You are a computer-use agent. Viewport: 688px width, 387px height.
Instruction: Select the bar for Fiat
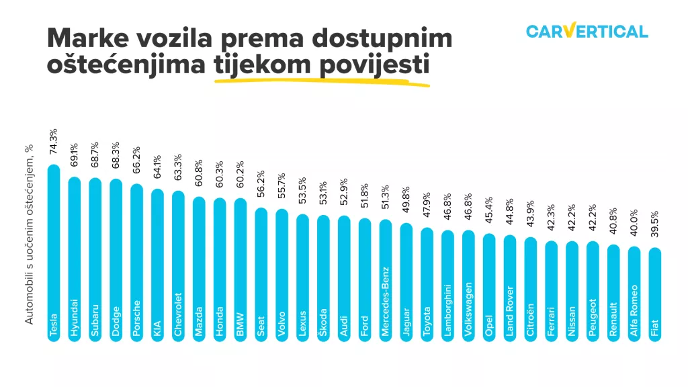[x=655, y=296]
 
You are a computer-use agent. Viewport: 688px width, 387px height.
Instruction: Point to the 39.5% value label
[x=655, y=226]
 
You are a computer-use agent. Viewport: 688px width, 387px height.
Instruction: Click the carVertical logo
[x=587, y=31]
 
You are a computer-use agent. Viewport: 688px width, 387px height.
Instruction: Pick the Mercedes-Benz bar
[x=386, y=282]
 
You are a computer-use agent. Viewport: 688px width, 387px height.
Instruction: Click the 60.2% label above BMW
[x=241, y=178]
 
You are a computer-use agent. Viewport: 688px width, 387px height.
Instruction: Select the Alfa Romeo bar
[x=634, y=295]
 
